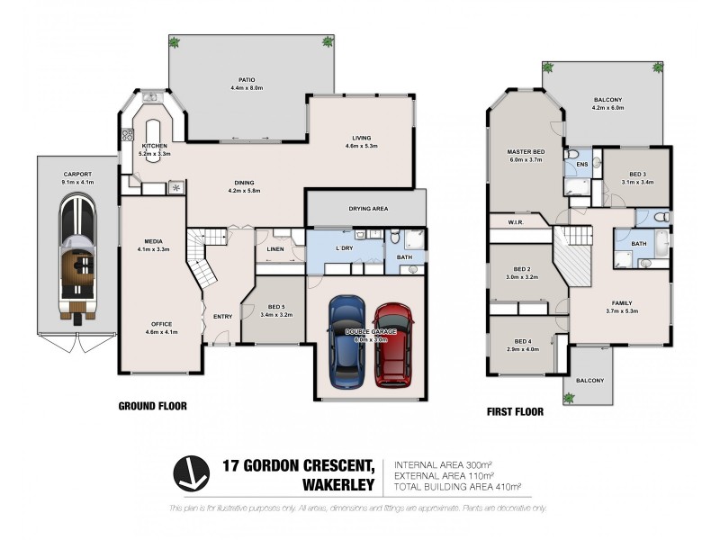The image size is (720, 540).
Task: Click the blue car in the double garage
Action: coord(344,339)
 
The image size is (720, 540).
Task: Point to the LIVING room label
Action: coord(362,138)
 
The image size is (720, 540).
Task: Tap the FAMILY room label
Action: coord(622,303)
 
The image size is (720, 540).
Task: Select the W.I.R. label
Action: coord(516,222)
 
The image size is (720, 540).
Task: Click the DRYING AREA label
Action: coord(368,209)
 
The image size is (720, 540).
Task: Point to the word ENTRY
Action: coord(222,316)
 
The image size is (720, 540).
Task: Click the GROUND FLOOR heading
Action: coord(153,406)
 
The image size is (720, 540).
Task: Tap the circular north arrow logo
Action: coord(191,473)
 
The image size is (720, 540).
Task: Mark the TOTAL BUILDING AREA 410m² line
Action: coord(458,487)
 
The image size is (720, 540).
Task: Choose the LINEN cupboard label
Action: coord(275,250)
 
